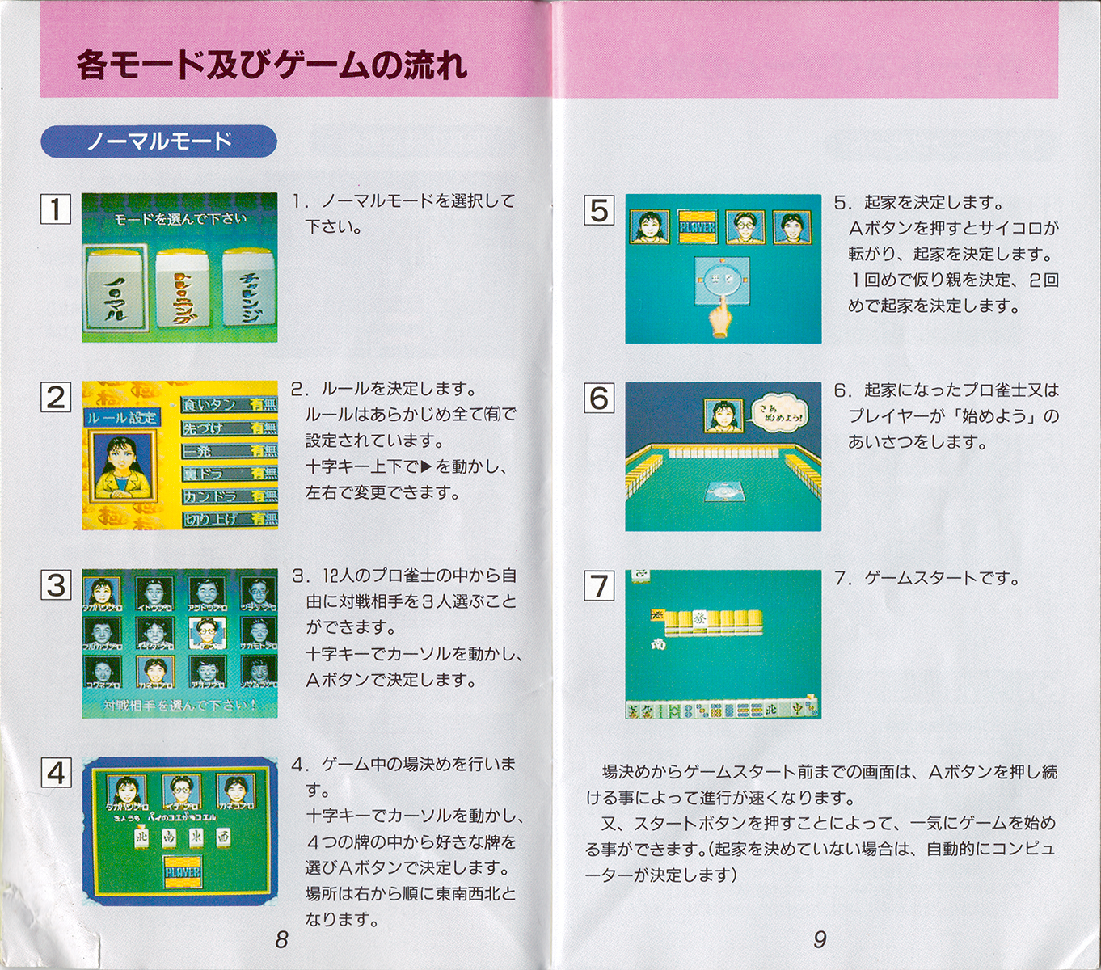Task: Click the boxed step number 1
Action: tap(56, 209)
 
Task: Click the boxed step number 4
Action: tap(56, 773)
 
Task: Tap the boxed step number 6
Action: tap(599, 398)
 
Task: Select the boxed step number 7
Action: tap(599, 585)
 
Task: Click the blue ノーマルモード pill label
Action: tap(158, 141)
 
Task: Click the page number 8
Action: tap(281, 939)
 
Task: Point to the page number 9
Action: tap(820, 939)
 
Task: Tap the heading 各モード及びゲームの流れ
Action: tap(272, 65)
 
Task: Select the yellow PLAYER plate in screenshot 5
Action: tap(697, 227)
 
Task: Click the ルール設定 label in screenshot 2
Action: tap(123, 418)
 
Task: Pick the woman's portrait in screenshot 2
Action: tap(123, 466)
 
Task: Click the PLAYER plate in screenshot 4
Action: tap(183, 874)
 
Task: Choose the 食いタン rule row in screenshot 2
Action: tap(229, 404)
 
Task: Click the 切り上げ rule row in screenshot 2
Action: tap(229, 519)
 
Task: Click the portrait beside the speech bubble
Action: tap(723, 415)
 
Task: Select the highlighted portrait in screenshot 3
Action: tap(207, 631)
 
